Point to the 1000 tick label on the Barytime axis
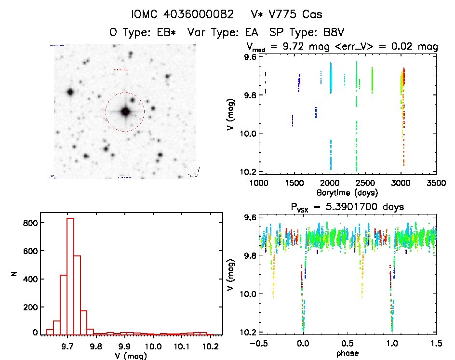click(259, 184)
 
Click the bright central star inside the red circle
click(125, 112)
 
